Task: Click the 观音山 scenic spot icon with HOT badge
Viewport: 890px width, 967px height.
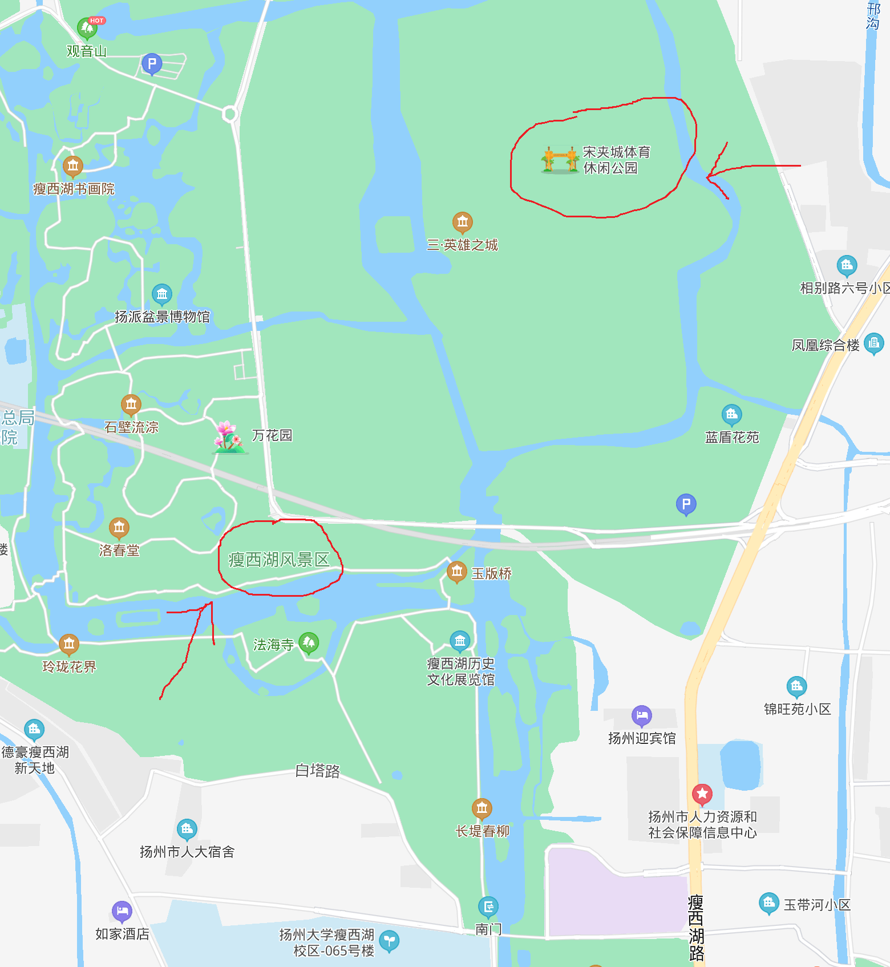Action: pyautogui.click(x=87, y=27)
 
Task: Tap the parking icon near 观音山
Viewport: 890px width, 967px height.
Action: pyautogui.click(x=152, y=64)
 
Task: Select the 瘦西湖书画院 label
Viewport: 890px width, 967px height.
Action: pyautogui.click(x=74, y=189)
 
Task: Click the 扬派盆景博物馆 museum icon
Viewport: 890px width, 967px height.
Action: pyautogui.click(x=162, y=294)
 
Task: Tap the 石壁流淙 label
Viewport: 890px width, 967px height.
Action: pyautogui.click(x=131, y=427)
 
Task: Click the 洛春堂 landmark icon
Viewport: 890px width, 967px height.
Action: pyautogui.click(x=119, y=528)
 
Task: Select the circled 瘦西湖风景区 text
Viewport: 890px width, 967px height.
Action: pyautogui.click(x=279, y=560)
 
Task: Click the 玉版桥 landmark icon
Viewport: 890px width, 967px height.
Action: pyautogui.click(x=456, y=572)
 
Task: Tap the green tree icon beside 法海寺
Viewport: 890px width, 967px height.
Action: pyautogui.click(x=309, y=643)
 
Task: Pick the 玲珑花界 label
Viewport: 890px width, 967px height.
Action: pyautogui.click(x=70, y=666)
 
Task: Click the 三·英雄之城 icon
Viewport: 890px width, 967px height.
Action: pyautogui.click(x=462, y=221)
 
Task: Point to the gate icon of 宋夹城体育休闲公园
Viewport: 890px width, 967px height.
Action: pyautogui.click(x=560, y=160)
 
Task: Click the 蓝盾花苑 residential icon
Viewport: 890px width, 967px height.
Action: pyautogui.click(x=731, y=414)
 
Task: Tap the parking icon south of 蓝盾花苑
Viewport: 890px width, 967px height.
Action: pyautogui.click(x=686, y=504)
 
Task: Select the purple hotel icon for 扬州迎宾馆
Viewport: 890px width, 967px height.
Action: pyautogui.click(x=641, y=715)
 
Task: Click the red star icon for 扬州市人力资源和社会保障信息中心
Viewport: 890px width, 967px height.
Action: pyautogui.click(x=702, y=794)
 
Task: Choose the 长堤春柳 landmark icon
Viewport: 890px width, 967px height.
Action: pyautogui.click(x=482, y=808)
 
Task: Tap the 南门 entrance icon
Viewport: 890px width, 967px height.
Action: pyautogui.click(x=488, y=906)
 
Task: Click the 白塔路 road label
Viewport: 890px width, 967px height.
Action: pyautogui.click(x=318, y=771)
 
